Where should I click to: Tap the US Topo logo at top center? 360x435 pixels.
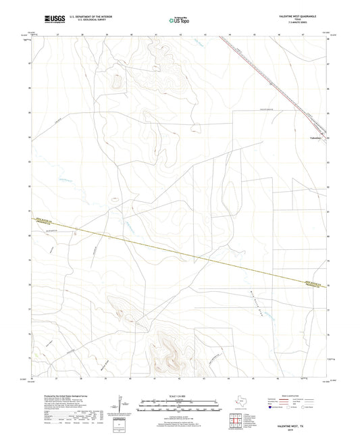(179, 20)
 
